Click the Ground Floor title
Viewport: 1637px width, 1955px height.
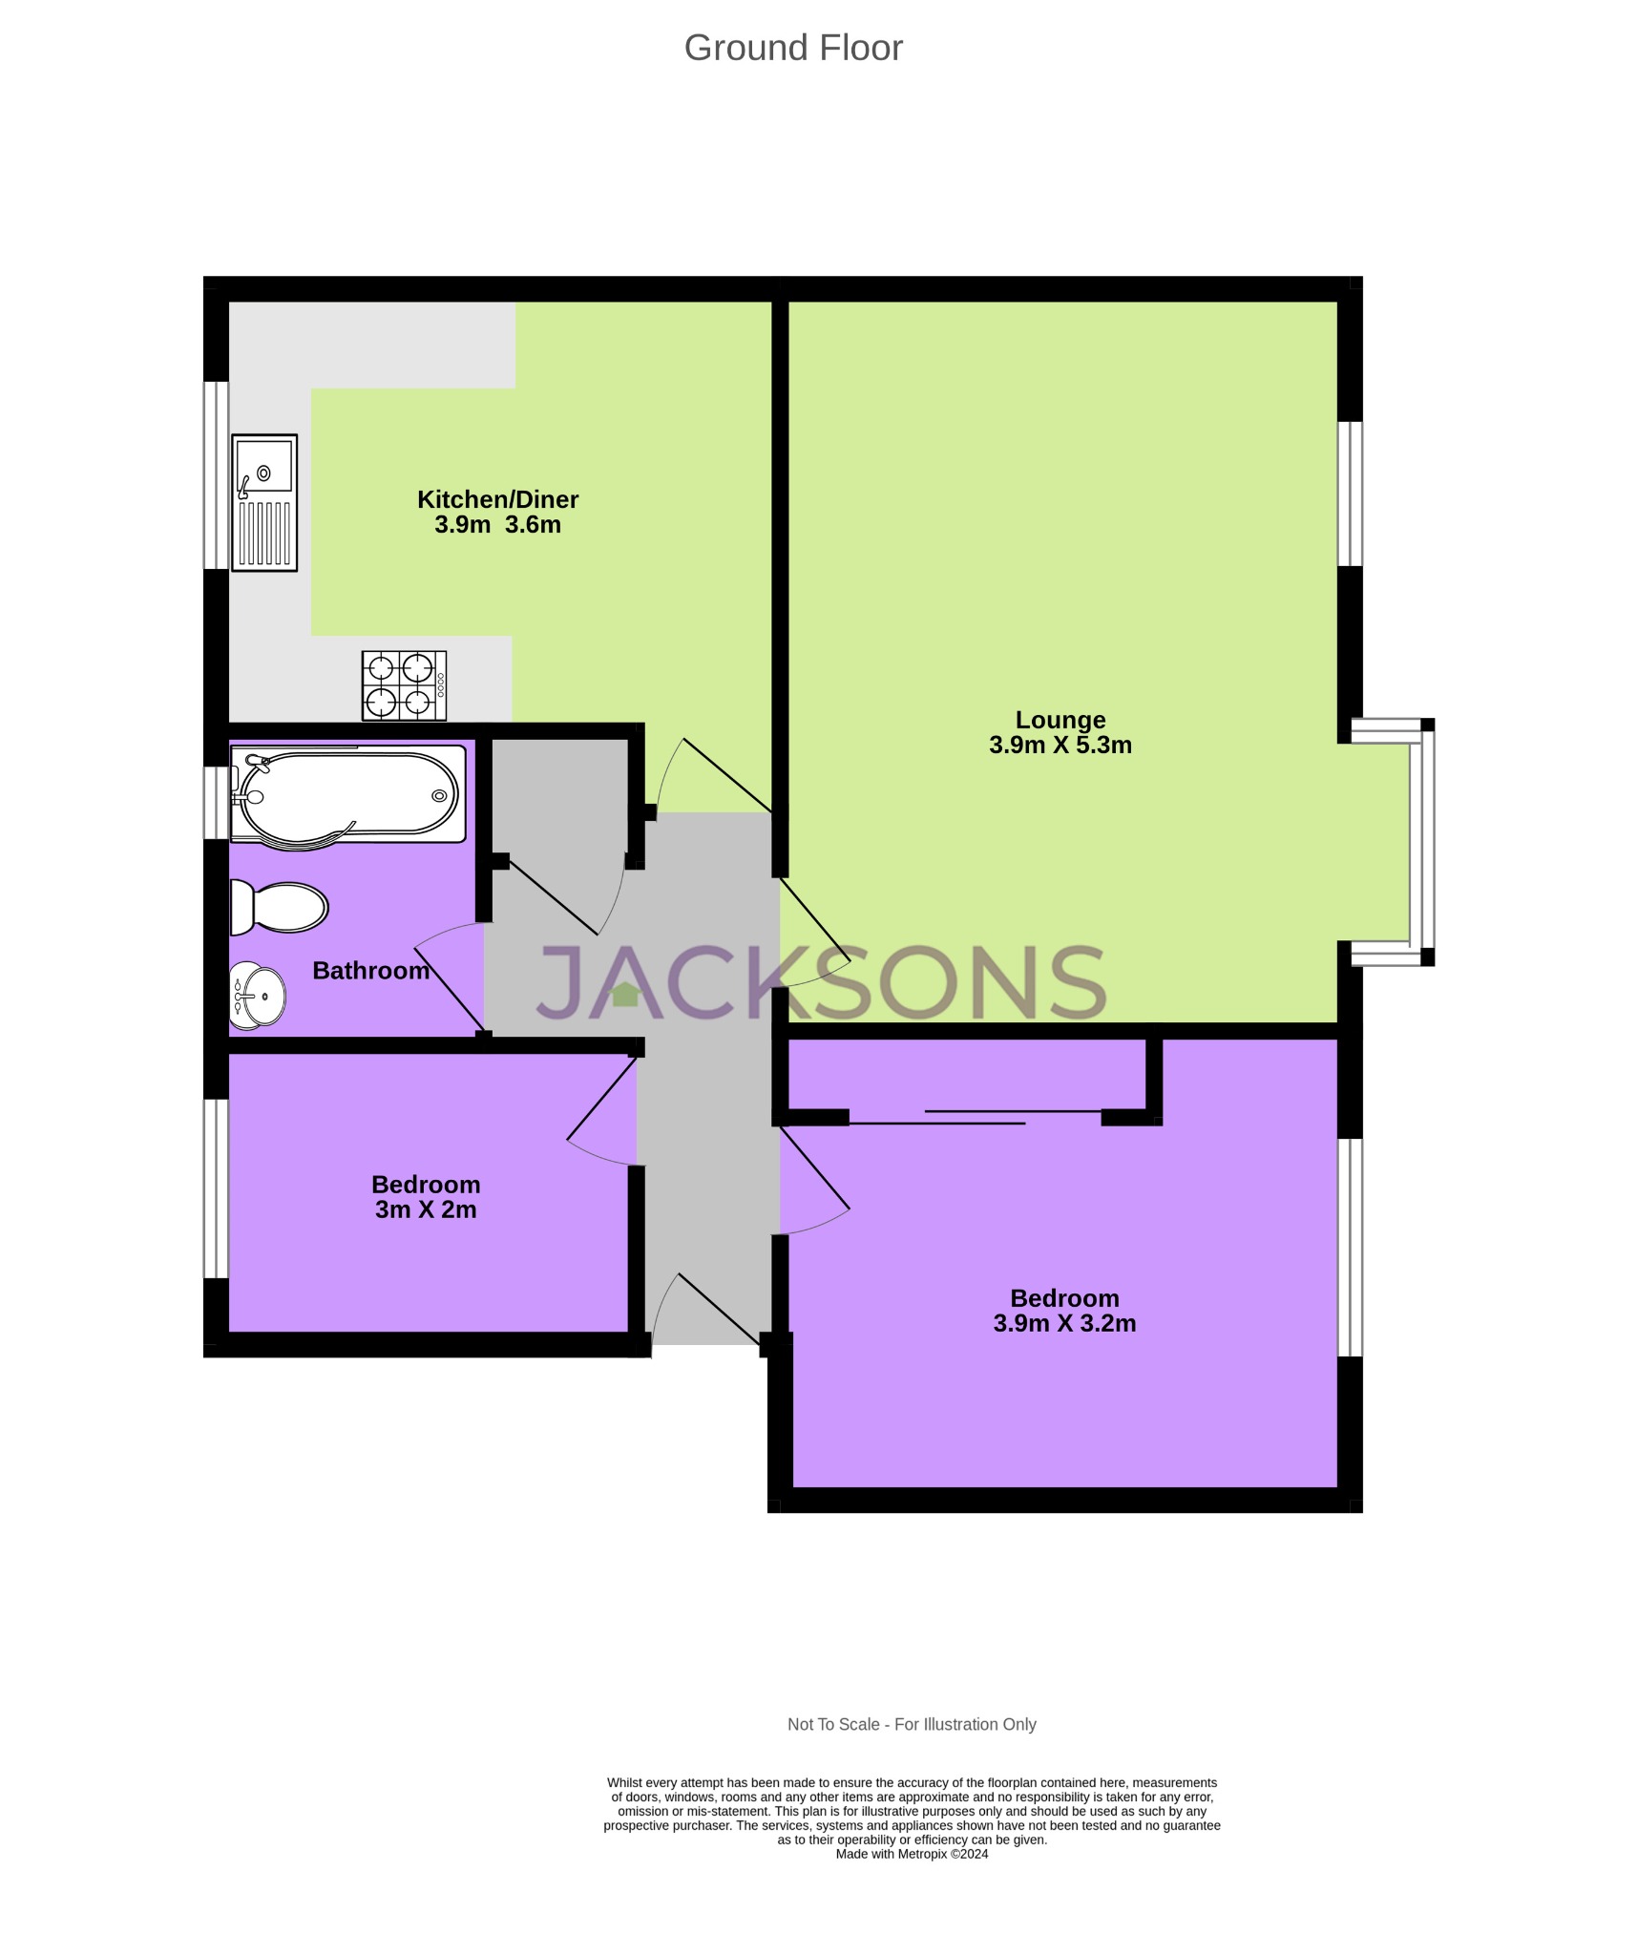(x=792, y=48)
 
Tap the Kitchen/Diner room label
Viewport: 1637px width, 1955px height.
(x=497, y=499)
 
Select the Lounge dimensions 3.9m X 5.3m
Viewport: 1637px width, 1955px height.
(x=1060, y=746)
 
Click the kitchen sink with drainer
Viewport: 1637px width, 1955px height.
(x=264, y=502)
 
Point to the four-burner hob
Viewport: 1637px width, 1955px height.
(x=404, y=685)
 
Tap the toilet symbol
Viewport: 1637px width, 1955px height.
(x=279, y=907)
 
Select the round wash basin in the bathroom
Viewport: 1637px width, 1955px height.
(x=258, y=996)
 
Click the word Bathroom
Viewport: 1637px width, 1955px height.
(x=370, y=971)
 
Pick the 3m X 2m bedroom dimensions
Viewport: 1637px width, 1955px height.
(x=426, y=1209)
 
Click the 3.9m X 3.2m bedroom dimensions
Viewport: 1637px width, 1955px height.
(x=1064, y=1323)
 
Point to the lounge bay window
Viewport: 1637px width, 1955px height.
(x=1421, y=843)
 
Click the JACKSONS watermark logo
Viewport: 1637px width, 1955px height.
(x=821, y=983)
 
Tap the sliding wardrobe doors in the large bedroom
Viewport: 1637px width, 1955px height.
(x=974, y=1117)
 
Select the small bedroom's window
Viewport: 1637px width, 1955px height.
(x=217, y=1188)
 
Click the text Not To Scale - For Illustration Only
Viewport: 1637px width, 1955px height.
(x=911, y=1724)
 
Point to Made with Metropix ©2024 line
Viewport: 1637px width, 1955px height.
(x=911, y=1854)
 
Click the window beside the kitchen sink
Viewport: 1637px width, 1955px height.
(x=217, y=475)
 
